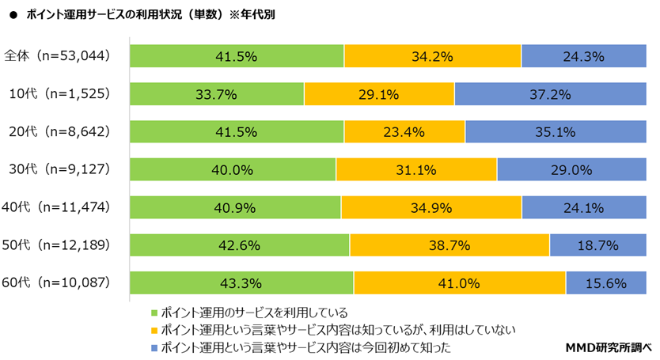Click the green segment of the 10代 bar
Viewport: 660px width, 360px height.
click(x=216, y=94)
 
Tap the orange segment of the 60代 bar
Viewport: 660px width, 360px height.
click(x=459, y=282)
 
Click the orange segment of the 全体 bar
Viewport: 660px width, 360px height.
click(x=432, y=56)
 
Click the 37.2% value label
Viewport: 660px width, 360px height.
click(x=552, y=94)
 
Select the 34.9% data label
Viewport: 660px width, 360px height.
click(x=431, y=207)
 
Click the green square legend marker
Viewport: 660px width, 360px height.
click(x=154, y=312)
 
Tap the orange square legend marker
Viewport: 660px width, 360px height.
click(x=154, y=329)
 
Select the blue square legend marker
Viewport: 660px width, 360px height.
click(x=154, y=347)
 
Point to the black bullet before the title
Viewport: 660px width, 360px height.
click(x=13, y=14)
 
